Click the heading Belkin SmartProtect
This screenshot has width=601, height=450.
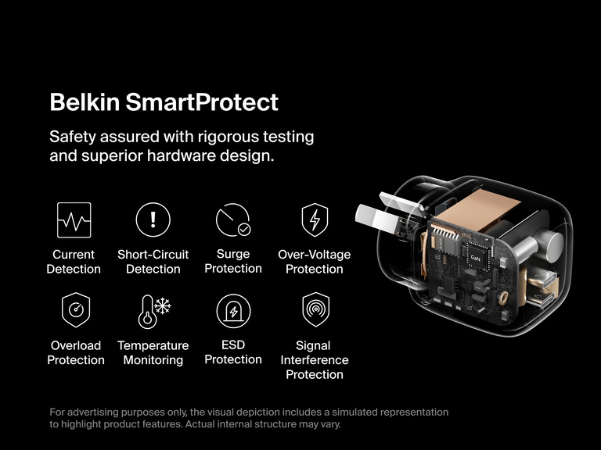tap(164, 102)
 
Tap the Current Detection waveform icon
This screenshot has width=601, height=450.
tap(74, 220)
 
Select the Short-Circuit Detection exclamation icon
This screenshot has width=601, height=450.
tap(153, 220)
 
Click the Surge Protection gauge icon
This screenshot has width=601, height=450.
tap(232, 220)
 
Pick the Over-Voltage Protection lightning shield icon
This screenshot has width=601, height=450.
tap(315, 220)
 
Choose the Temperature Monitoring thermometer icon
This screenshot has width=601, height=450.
tap(153, 310)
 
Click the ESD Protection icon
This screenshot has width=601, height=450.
tap(233, 311)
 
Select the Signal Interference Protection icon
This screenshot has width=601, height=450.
tap(315, 310)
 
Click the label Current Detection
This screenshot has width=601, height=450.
tap(74, 262)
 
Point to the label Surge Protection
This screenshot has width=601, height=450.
tap(233, 261)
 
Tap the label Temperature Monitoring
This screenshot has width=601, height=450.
tap(153, 352)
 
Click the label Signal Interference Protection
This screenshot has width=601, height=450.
tap(315, 359)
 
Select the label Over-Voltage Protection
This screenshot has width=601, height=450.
tap(315, 262)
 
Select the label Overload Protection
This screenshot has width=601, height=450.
tap(76, 352)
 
